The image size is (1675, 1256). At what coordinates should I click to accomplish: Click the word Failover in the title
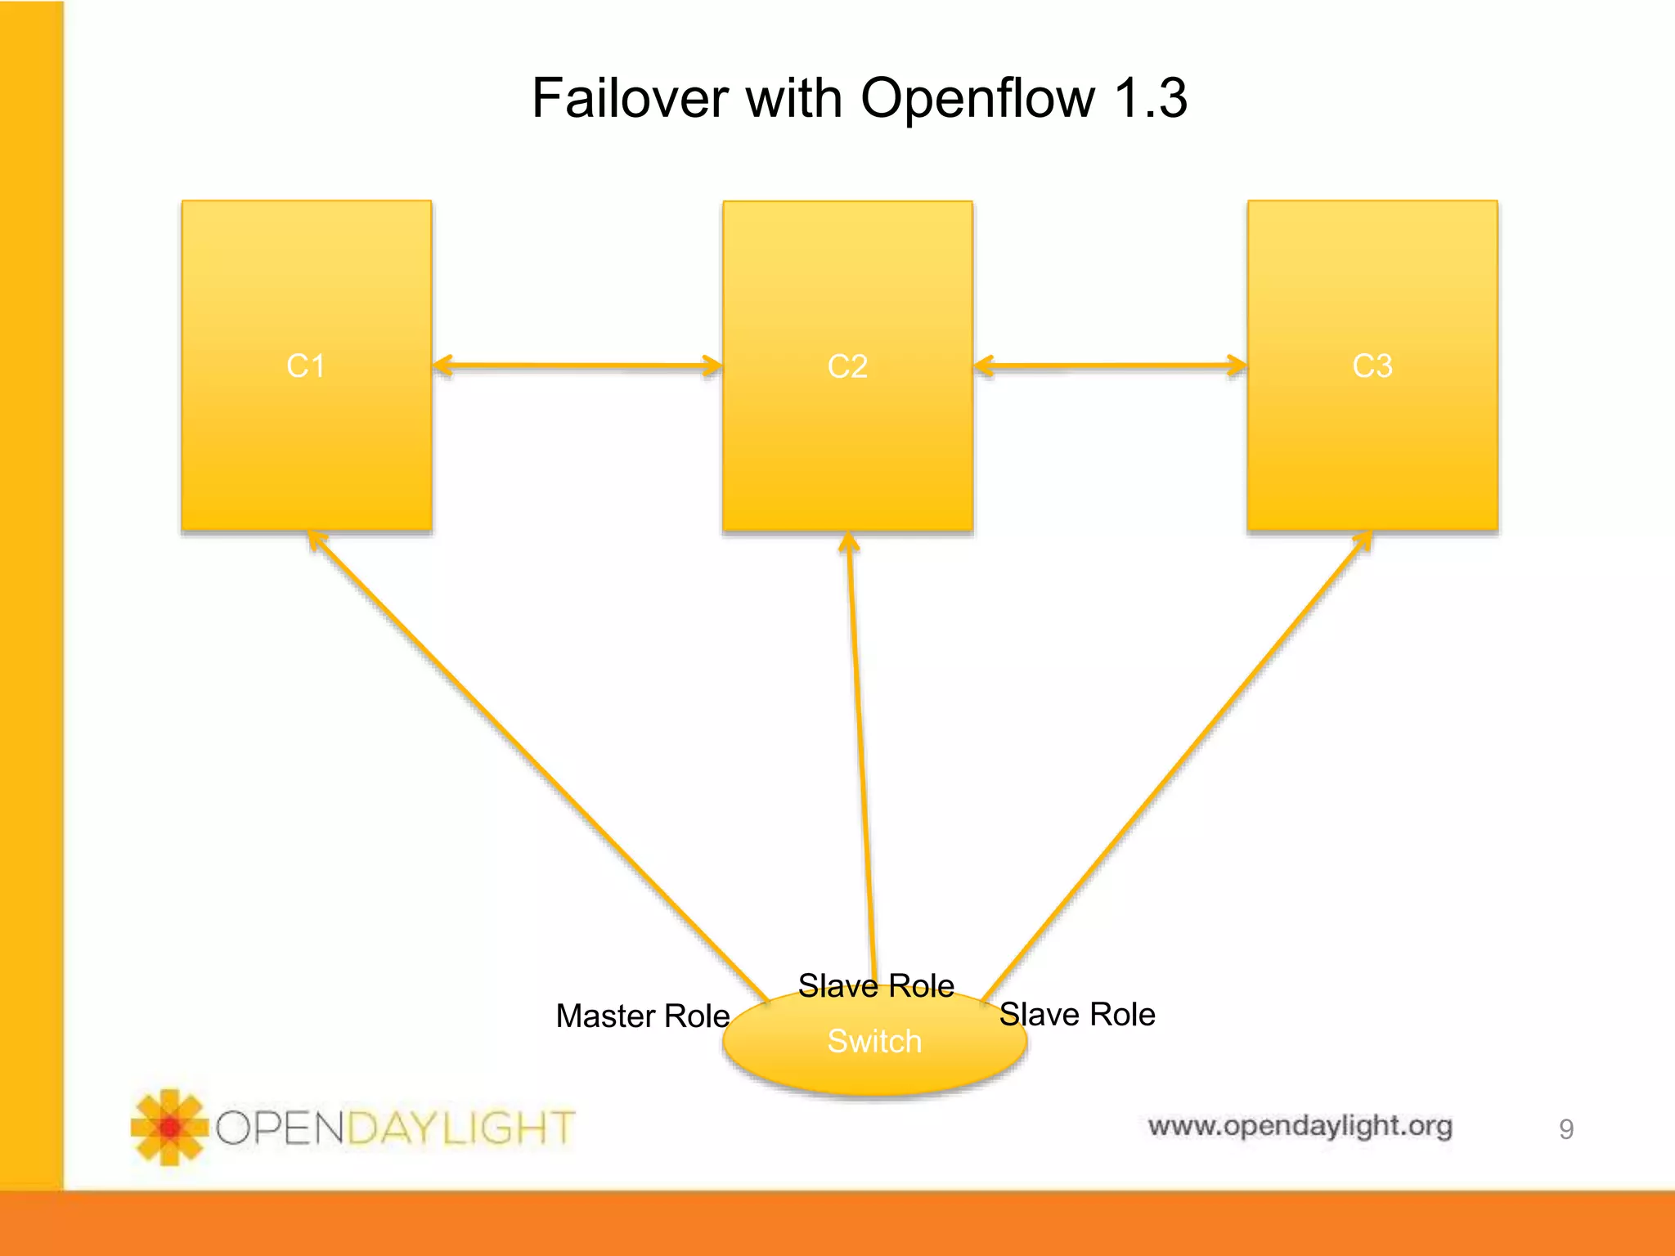point(629,98)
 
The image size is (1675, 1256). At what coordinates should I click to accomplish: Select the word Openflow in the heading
point(977,98)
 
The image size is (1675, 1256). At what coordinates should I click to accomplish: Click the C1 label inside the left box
point(306,366)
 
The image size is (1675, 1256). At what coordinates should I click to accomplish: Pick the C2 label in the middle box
point(847,366)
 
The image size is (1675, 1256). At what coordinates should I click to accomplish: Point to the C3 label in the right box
point(1372,366)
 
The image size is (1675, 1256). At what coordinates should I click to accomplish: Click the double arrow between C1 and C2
point(577,366)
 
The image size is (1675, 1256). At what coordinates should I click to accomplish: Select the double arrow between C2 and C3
point(1110,366)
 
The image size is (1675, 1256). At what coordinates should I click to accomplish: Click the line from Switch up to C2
point(861,752)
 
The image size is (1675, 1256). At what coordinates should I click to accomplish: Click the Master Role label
point(642,1016)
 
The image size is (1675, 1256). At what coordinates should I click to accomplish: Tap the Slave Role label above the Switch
point(876,985)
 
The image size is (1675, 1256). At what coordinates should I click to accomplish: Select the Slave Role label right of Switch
point(1077,1015)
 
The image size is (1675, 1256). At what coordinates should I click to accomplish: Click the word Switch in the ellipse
point(874,1042)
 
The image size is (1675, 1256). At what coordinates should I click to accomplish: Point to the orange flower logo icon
point(169,1128)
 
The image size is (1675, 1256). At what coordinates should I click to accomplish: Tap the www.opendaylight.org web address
point(1300,1126)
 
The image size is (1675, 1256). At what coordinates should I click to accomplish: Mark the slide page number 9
point(1565,1129)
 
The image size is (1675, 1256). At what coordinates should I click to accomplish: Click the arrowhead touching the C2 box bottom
point(849,543)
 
